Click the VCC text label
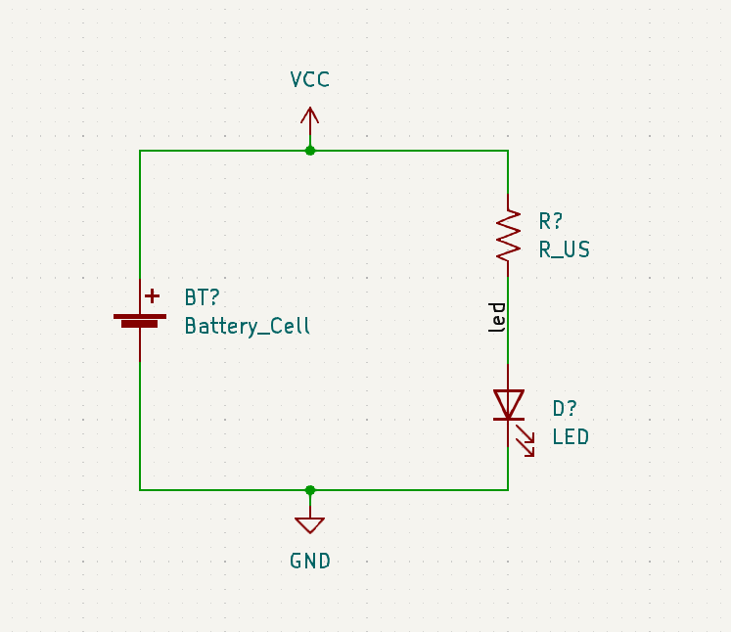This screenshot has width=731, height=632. pyautogui.click(x=310, y=80)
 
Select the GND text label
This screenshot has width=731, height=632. pyautogui.click(x=310, y=561)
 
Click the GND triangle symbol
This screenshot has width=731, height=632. pyautogui.click(x=310, y=524)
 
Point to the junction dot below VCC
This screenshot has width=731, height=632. pyautogui.click(x=310, y=151)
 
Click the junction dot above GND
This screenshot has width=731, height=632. pyautogui.click(x=310, y=489)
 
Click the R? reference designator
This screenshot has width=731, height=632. pyautogui.click(x=551, y=221)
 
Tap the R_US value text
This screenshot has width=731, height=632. pyautogui.click(x=565, y=249)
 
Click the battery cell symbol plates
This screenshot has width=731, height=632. pyautogui.click(x=140, y=320)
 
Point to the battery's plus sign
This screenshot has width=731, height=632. pyautogui.click(x=152, y=295)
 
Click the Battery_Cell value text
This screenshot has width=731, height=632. pyautogui.click(x=248, y=327)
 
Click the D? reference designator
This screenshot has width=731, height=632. pyautogui.click(x=565, y=409)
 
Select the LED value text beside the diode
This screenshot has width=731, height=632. pyautogui.click(x=571, y=437)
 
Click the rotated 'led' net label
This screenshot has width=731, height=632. pyautogui.click(x=498, y=318)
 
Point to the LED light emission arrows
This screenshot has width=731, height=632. pyautogui.click(x=526, y=441)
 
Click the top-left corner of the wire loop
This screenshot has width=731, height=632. pyautogui.click(x=140, y=151)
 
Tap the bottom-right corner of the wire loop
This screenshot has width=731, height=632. pyautogui.click(x=508, y=489)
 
